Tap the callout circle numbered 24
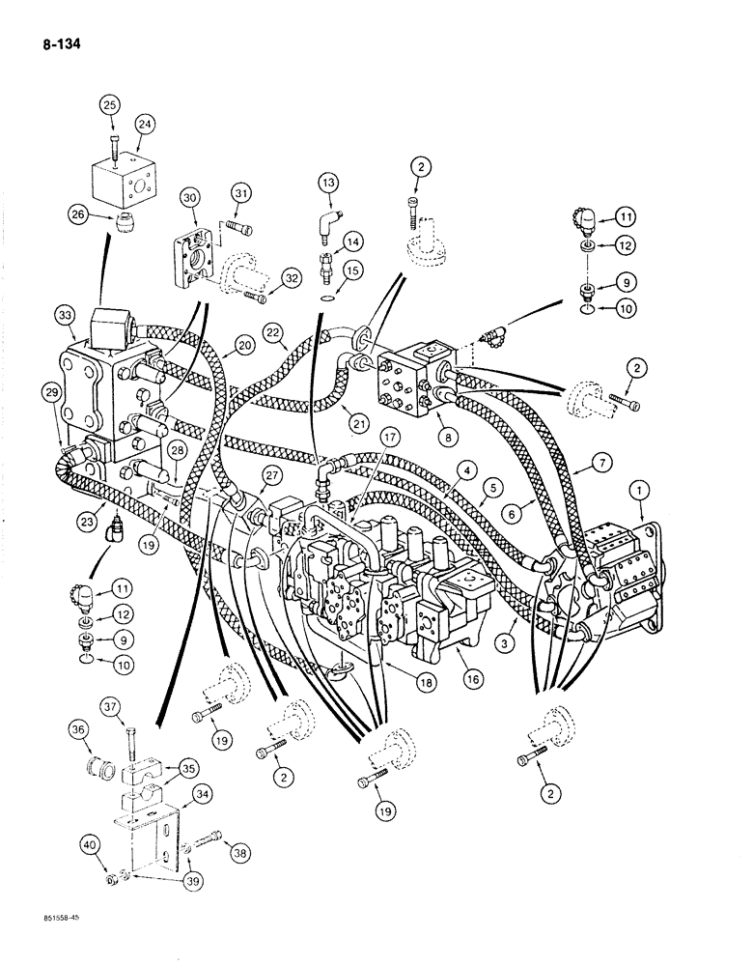click(x=145, y=123)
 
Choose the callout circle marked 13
click(x=328, y=183)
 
